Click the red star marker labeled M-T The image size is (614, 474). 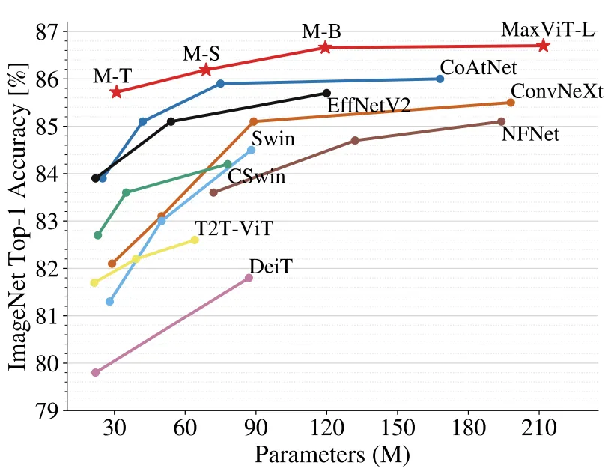coord(116,91)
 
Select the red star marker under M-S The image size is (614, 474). coord(206,70)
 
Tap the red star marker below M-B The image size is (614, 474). coord(325,47)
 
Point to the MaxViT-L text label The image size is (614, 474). coord(548,30)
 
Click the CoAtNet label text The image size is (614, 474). coord(478,67)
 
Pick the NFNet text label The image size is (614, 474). coord(530,135)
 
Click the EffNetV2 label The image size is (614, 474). coord(368,106)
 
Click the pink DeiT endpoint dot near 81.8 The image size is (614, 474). coord(249,278)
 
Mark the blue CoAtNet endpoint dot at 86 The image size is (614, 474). coord(440,79)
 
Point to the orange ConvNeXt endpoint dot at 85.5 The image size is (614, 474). coord(511,103)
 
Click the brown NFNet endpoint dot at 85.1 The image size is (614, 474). coord(502,121)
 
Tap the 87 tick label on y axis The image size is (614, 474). coord(46,31)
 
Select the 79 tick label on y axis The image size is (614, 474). coord(46,410)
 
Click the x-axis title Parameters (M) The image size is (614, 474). coord(332,455)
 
